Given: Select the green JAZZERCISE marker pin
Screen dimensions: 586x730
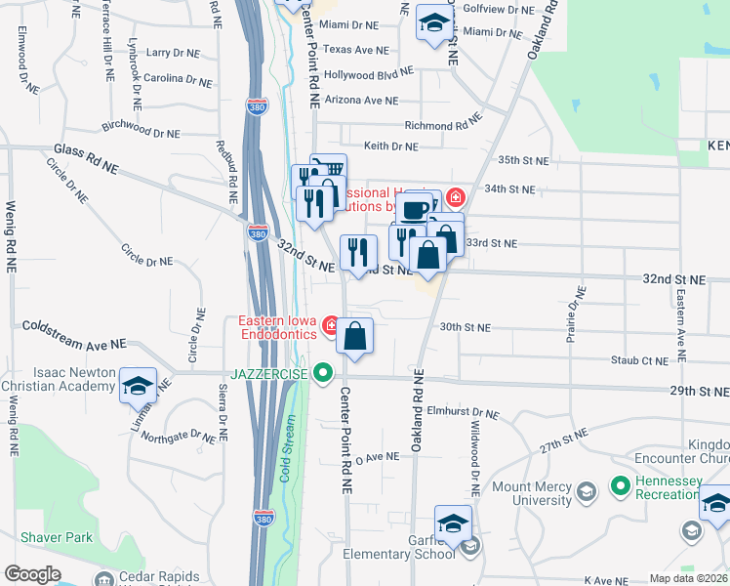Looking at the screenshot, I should pos(324,373).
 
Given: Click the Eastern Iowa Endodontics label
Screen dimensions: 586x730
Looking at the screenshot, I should pos(279,327).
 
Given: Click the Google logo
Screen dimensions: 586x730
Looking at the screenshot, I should pos(32,574).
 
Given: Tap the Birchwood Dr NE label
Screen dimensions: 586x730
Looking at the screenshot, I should pos(141,129).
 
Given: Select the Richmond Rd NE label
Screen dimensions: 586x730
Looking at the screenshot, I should pos(443,126).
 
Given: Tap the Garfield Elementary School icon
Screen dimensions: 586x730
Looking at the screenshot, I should pos(453,524).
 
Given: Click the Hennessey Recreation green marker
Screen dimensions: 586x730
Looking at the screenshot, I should pos(620,484).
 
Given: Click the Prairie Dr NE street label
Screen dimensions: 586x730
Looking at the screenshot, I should pos(574,316).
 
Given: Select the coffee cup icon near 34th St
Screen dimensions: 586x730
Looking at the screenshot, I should pos(414,209).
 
